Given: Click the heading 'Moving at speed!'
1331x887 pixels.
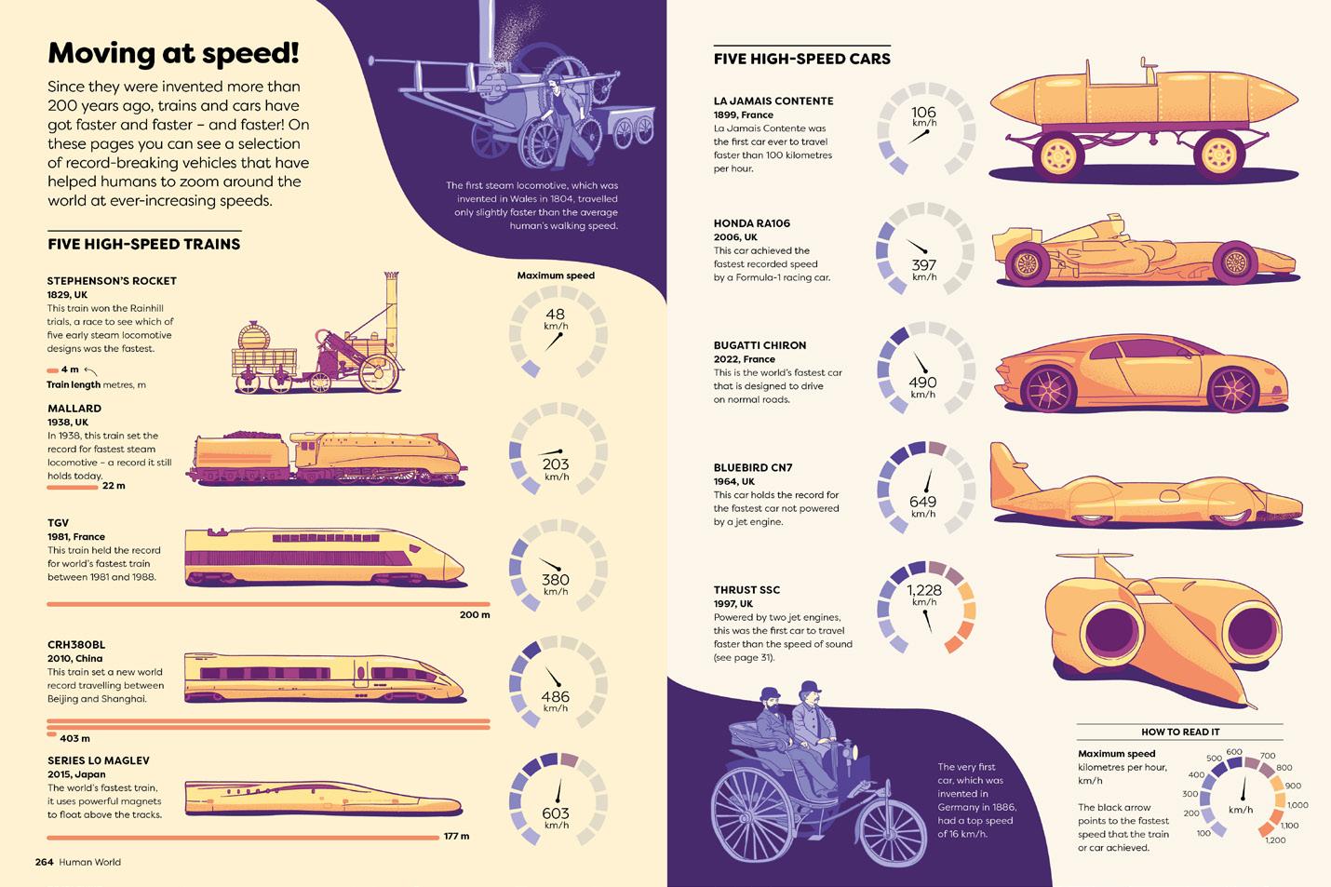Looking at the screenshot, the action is pyautogui.click(x=173, y=53).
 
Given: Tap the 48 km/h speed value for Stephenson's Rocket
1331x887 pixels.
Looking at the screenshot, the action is pyautogui.click(x=556, y=315).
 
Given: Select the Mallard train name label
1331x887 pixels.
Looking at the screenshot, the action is pyautogui.click(x=74, y=409).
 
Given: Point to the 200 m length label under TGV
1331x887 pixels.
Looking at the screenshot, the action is pyautogui.click(x=474, y=614).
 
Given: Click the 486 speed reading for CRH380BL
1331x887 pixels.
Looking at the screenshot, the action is pyautogui.click(x=556, y=696).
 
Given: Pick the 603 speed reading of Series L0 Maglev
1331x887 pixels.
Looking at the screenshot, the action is pyautogui.click(x=556, y=813).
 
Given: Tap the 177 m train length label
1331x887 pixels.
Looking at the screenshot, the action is pyautogui.click(x=456, y=836).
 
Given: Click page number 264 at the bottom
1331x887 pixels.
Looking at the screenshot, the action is pyautogui.click(x=44, y=862).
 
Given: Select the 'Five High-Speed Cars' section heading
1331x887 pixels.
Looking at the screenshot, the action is pyautogui.click(x=801, y=59).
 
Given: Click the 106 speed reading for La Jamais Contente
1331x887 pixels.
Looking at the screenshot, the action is pyautogui.click(x=923, y=113).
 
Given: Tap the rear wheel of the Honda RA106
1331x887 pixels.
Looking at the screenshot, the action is pyautogui.click(x=1235, y=262).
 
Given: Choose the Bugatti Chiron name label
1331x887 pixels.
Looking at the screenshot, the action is pyautogui.click(x=760, y=345).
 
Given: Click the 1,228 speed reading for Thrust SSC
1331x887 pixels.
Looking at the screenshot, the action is pyautogui.click(x=924, y=590).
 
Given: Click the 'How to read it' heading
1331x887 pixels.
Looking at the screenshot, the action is pyautogui.click(x=1179, y=732).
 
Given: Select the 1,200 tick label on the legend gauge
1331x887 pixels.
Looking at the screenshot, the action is pyautogui.click(x=1275, y=840).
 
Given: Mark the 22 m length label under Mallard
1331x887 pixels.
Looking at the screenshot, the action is pyautogui.click(x=114, y=486).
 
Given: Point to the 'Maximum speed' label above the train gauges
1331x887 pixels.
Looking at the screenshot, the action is pyautogui.click(x=556, y=276).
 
